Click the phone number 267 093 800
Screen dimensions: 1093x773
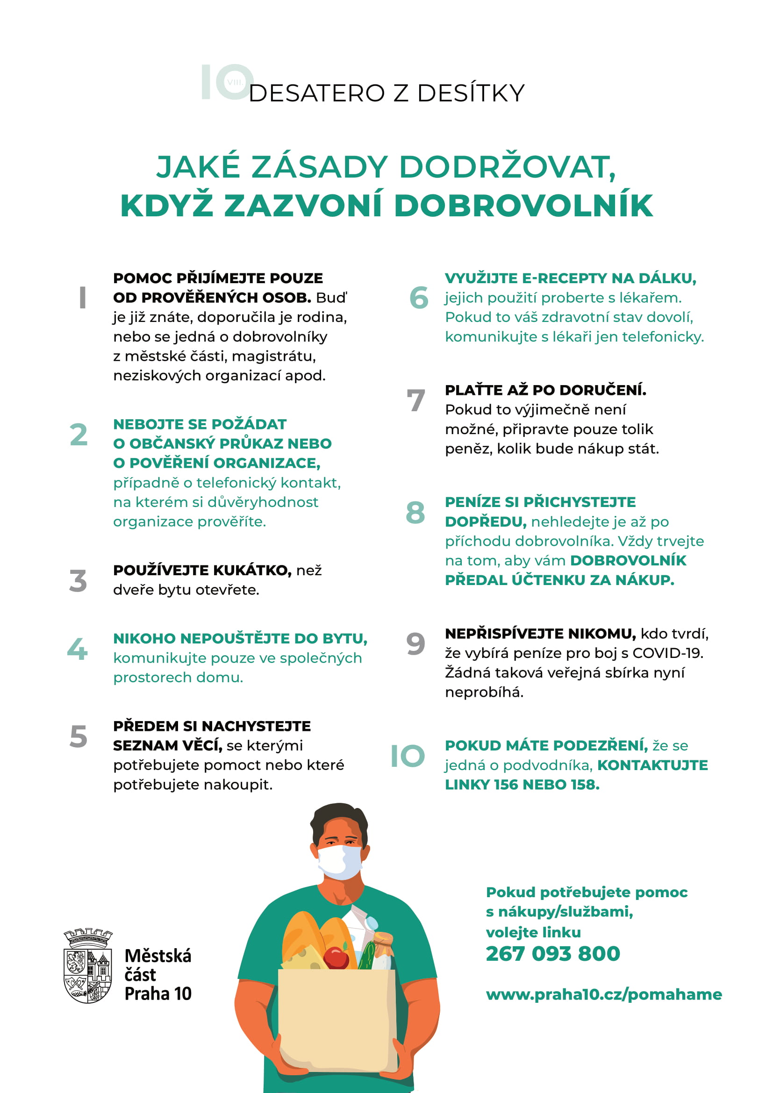click(552, 954)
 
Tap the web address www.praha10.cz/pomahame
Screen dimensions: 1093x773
click(603, 994)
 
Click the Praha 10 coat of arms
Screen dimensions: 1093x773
click(87, 966)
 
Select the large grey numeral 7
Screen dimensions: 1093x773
click(415, 400)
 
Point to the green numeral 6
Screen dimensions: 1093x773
click(419, 298)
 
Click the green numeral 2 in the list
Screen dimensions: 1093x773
click(79, 435)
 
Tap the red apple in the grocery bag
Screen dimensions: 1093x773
click(336, 957)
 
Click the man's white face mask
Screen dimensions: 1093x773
click(339, 862)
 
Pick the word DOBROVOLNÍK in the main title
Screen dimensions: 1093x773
click(523, 206)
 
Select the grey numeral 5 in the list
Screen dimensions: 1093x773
click(79, 736)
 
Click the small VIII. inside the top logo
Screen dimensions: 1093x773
click(235, 82)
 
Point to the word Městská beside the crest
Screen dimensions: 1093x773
click(157, 956)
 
